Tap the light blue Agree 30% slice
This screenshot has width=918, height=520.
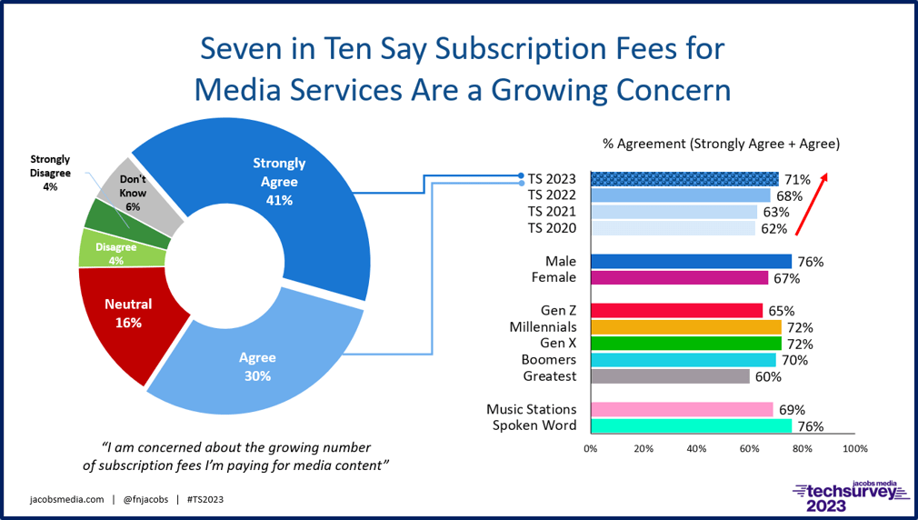(x=259, y=364)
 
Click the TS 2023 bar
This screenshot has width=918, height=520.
(x=684, y=179)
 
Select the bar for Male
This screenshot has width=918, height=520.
(x=691, y=262)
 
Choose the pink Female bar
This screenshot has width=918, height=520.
(x=679, y=278)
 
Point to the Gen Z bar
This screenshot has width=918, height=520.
(x=676, y=311)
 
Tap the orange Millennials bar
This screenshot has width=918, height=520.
(x=685, y=327)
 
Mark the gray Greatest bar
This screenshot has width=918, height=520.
(x=670, y=376)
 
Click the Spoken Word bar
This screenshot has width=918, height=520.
(x=691, y=425)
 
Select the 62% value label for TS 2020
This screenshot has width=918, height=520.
(x=773, y=229)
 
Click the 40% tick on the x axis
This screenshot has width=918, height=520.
(x=696, y=448)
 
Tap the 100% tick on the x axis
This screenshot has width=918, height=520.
(x=855, y=448)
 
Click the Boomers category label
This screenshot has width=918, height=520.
(x=550, y=360)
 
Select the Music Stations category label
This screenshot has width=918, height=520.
(x=531, y=409)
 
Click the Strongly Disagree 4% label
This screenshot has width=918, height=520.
(x=49, y=173)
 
